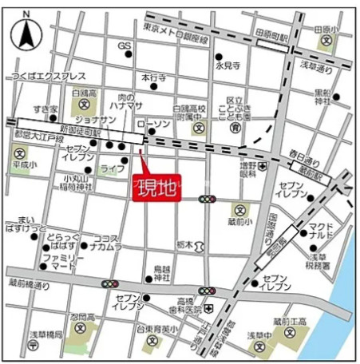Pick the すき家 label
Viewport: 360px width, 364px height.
(45, 109)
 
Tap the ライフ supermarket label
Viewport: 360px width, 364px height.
(112, 169)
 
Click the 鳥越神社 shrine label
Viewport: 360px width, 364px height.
(163, 272)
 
